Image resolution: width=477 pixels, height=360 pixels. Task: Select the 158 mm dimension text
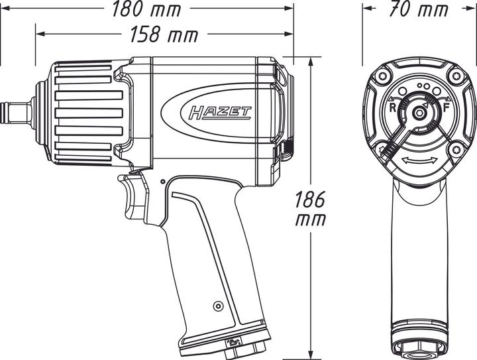click(164, 34)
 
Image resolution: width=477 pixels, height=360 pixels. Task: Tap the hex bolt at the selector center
click(419, 113)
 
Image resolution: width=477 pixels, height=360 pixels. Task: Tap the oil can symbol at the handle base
click(233, 341)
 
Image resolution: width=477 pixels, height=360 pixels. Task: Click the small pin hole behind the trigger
click(162, 180)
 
